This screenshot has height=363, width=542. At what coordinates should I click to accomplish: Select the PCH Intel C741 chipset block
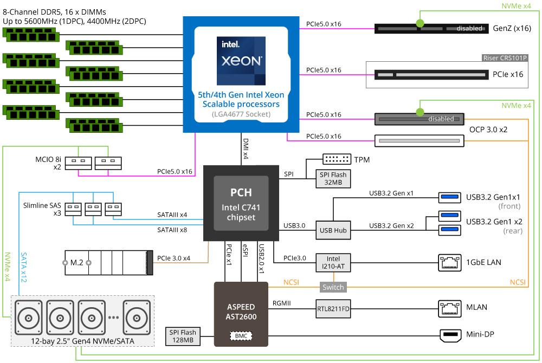click(241, 203)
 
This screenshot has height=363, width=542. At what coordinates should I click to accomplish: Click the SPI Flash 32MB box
click(333, 178)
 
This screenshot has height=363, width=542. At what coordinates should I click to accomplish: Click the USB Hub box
click(333, 230)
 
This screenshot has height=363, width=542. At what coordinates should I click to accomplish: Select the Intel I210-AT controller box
click(333, 262)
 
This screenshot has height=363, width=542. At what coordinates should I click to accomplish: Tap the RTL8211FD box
click(333, 310)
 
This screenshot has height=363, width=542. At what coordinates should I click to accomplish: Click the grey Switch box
click(333, 287)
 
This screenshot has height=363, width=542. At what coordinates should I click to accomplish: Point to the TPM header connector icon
click(337, 160)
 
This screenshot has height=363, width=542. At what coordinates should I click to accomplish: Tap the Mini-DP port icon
click(448, 335)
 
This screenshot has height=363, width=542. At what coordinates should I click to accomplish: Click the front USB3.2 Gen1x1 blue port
click(449, 197)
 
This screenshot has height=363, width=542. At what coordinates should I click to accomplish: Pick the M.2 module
click(106, 262)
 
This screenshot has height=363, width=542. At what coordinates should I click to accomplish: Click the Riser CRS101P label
click(505, 58)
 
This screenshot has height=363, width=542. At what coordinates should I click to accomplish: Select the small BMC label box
click(241, 336)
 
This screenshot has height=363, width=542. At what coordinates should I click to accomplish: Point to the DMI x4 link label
click(246, 148)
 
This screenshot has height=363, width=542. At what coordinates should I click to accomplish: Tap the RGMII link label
click(282, 303)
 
